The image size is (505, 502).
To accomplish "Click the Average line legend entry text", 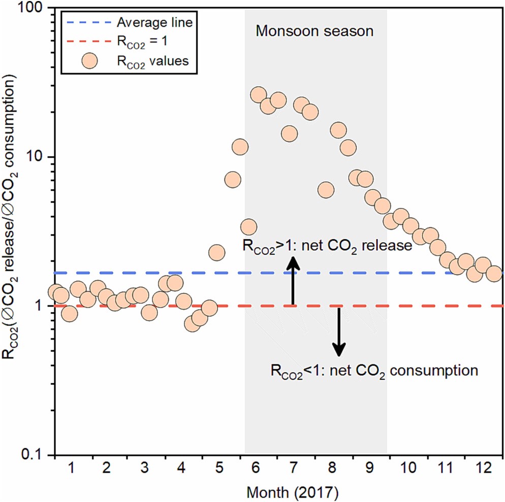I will (x=150, y=23).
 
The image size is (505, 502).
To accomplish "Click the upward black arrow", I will (x=293, y=279).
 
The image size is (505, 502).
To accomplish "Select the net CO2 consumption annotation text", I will (x=374, y=370).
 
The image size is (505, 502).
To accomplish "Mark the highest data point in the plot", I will (x=258, y=94).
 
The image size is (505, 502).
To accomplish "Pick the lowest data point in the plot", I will (x=192, y=324).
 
